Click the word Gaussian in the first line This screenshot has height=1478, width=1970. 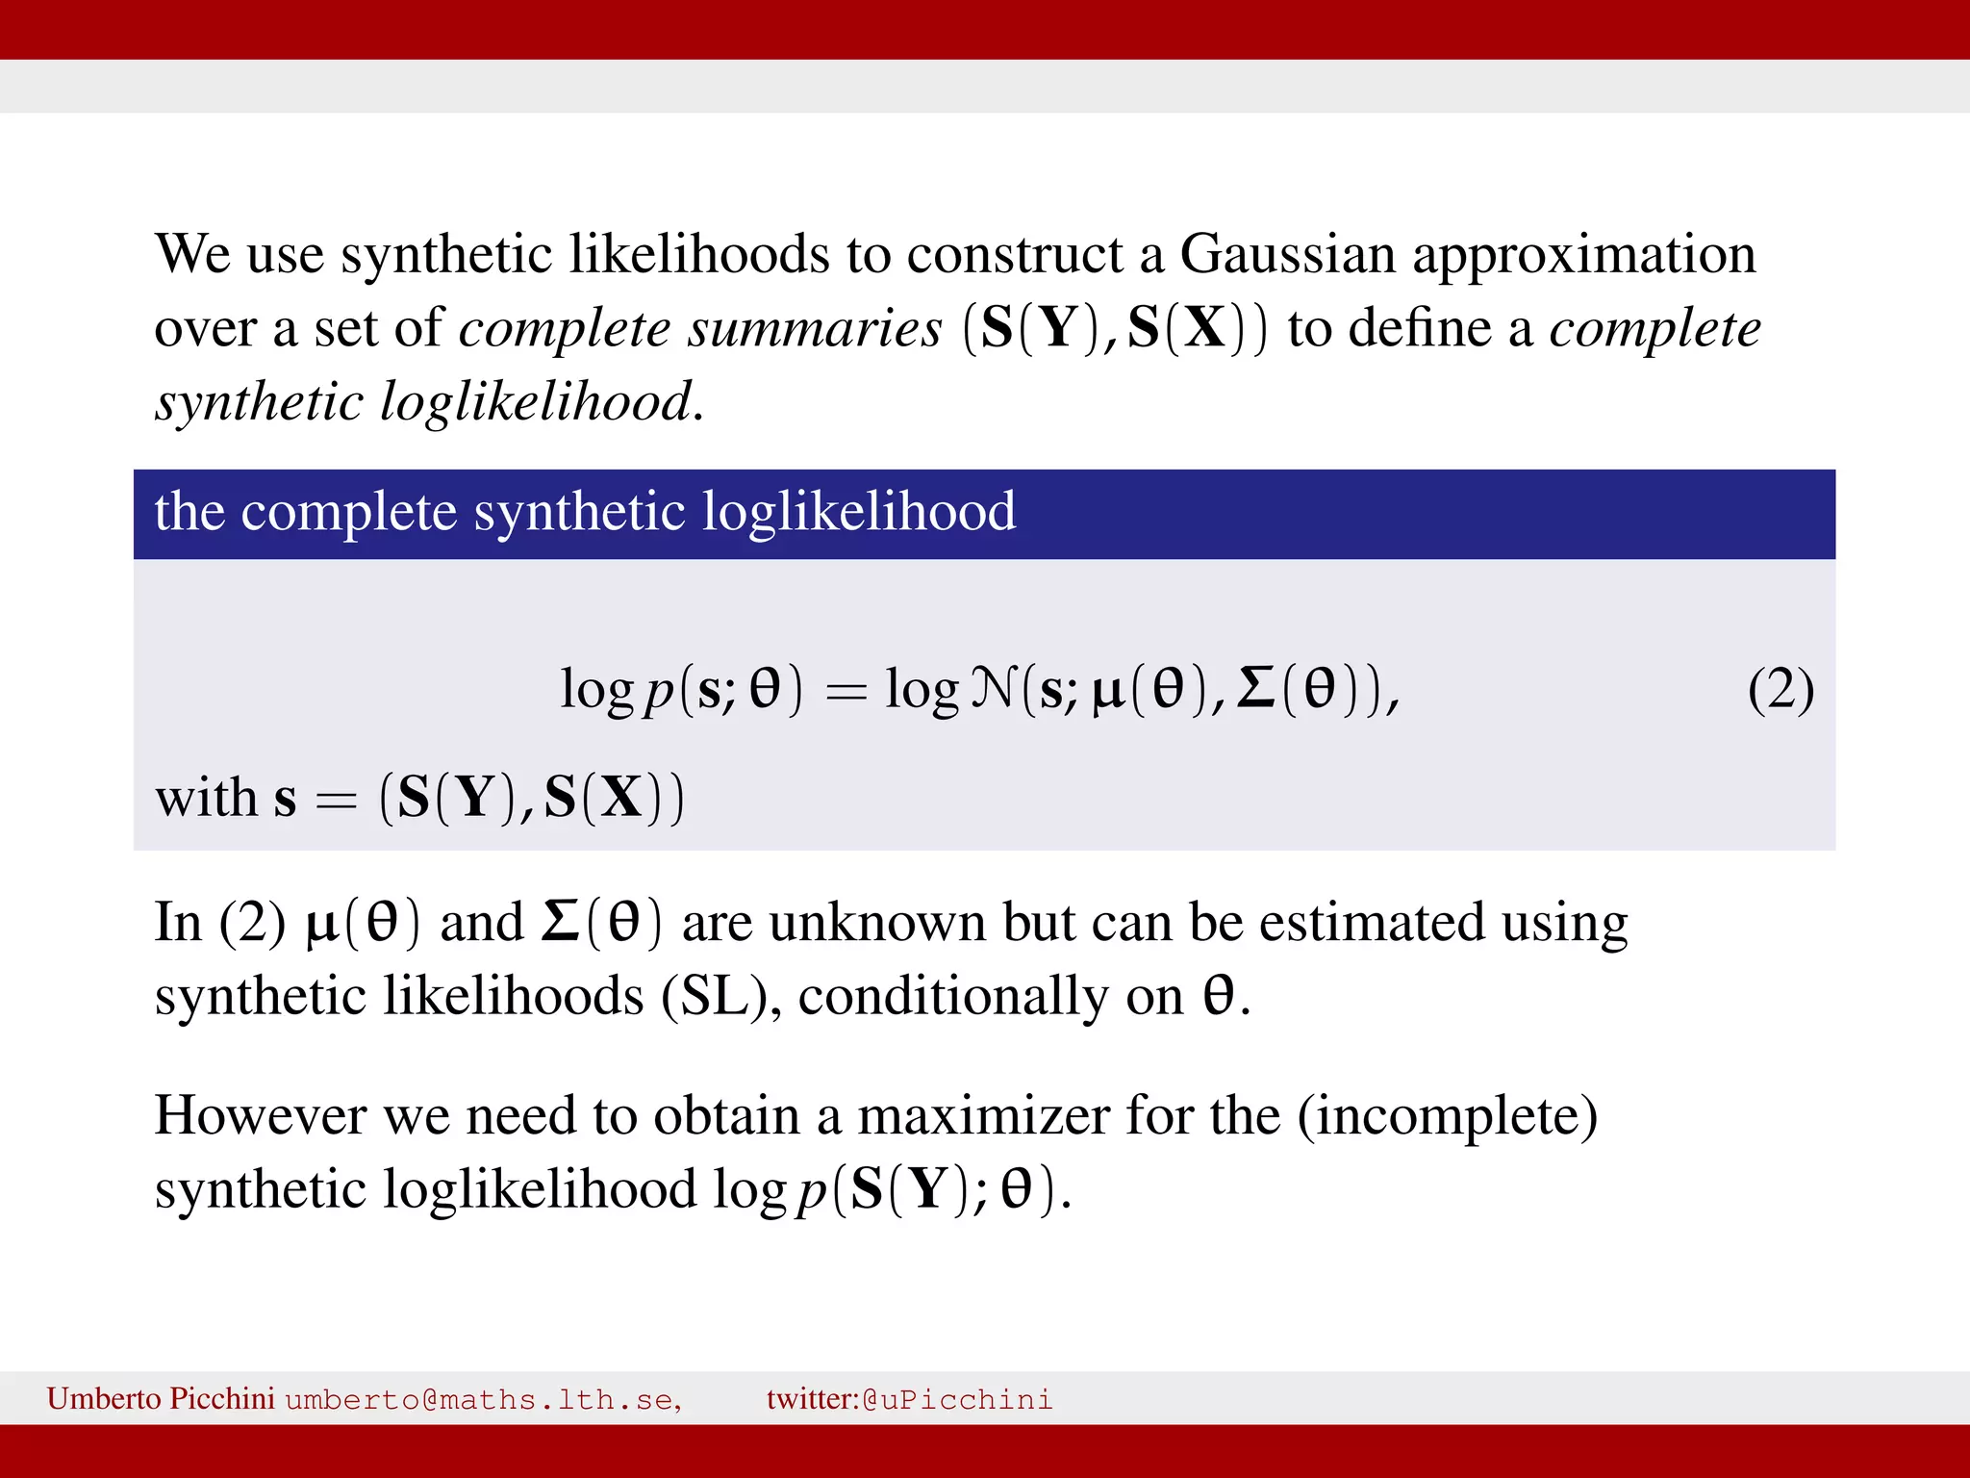[x=1287, y=255]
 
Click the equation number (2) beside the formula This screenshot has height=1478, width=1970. [x=1781, y=690]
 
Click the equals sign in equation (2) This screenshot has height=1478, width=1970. [x=846, y=692]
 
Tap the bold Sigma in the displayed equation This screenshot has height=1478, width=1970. [x=1255, y=689]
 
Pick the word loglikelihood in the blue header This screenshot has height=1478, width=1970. [x=858, y=512]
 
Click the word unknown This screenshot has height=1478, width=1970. [x=877, y=923]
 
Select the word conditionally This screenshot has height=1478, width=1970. [x=953, y=998]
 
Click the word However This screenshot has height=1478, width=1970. [x=260, y=1116]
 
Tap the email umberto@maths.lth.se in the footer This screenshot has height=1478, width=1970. [x=483, y=1399]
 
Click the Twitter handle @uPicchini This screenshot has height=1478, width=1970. [x=957, y=1399]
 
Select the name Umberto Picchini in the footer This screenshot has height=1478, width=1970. [x=161, y=1398]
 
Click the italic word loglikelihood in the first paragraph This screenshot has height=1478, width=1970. [x=536, y=402]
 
